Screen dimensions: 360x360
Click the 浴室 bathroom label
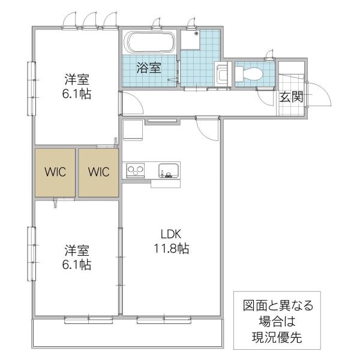point(149,67)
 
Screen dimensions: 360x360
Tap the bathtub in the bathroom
point(149,43)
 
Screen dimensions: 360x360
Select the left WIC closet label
point(54,172)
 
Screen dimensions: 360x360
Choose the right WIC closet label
point(98,172)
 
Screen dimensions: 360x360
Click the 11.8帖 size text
point(170,248)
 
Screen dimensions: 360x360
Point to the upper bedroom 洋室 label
point(76,79)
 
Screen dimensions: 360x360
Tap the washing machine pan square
point(191,40)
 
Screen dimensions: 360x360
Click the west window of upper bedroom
point(30,88)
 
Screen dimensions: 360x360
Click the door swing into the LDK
point(207,129)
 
